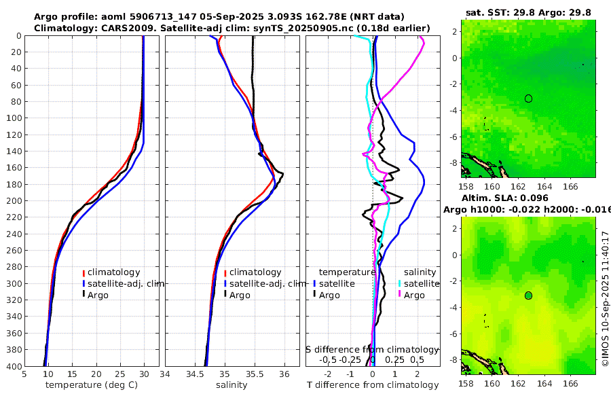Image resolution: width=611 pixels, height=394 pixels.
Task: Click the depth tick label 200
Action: [12, 201]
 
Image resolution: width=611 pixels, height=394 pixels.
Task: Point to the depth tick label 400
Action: [12, 366]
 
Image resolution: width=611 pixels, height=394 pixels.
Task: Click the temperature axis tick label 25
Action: [120, 374]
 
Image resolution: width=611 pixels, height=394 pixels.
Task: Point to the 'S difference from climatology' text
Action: [372, 348]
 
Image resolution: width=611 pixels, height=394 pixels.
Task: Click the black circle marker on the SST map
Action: [528, 98]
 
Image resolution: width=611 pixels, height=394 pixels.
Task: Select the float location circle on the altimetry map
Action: [528, 295]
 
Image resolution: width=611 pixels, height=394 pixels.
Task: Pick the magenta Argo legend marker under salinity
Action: [400, 295]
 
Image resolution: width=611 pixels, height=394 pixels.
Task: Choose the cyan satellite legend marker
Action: [400, 283]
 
